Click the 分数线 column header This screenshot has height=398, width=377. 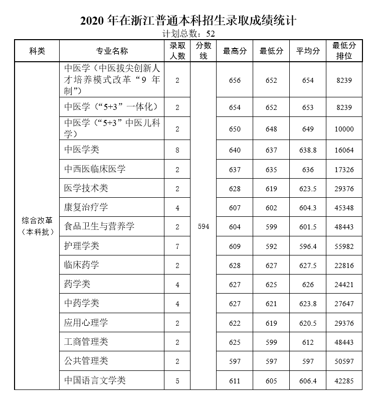pos(203,51)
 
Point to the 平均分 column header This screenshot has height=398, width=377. pos(308,51)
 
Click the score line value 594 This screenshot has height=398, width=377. pos(203,227)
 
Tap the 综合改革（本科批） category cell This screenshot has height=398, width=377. pos(37,227)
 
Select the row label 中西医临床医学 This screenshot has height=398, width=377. pos(95,169)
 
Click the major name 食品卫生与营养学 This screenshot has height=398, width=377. pos(100,227)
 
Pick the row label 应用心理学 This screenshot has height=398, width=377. pos(86,323)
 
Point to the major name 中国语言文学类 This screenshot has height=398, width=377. pos(95,380)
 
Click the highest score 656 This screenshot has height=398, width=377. pos(235,80)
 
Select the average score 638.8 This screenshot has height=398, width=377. pos(308,150)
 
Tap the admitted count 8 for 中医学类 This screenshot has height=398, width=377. pos(177,150)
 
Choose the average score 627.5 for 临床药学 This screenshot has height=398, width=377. pos(308,266)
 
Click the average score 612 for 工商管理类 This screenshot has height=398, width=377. pos(308,342)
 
